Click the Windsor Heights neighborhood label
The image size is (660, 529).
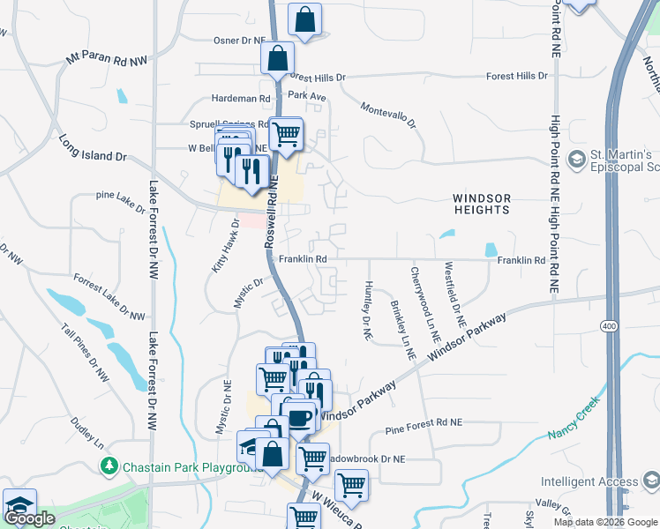click(x=481, y=204)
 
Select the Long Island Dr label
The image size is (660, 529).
click(x=93, y=148)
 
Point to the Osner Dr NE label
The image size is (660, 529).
click(x=239, y=41)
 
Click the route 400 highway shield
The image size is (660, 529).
click(x=609, y=326)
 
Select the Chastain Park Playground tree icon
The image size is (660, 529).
click(x=109, y=465)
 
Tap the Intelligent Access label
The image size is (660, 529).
click(x=589, y=481)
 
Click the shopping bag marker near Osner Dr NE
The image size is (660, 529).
click(x=304, y=18)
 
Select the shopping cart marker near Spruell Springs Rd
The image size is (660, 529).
click(x=285, y=134)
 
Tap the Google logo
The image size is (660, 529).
click(x=29, y=518)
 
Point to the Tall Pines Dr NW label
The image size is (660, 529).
click(x=86, y=353)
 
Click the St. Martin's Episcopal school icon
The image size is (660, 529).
click(x=577, y=160)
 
